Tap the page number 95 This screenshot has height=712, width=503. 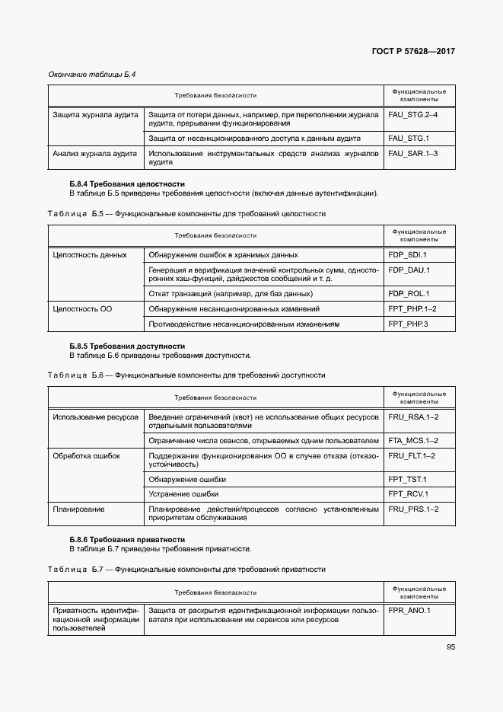click(x=450, y=647)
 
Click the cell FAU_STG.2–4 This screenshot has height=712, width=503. click(x=412, y=115)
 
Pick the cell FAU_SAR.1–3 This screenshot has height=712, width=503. click(x=412, y=153)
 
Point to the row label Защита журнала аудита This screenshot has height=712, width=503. click(x=95, y=115)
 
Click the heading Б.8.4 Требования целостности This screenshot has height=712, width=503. click(x=127, y=184)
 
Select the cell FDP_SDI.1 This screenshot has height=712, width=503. click(x=408, y=254)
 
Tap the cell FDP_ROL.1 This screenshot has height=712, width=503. click(x=409, y=293)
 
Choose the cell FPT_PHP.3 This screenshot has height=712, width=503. click(x=409, y=324)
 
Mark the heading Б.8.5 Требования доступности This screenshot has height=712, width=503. click(x=127, y=346)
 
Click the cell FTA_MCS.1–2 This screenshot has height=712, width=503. click(x=413, y=440)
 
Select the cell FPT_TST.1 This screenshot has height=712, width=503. click(x=407, y=479)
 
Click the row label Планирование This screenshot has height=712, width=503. click(x=79, y=509)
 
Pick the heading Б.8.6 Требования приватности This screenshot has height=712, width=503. click(x=127, y=540)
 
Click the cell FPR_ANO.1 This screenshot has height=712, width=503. click(x=409, y=611)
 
